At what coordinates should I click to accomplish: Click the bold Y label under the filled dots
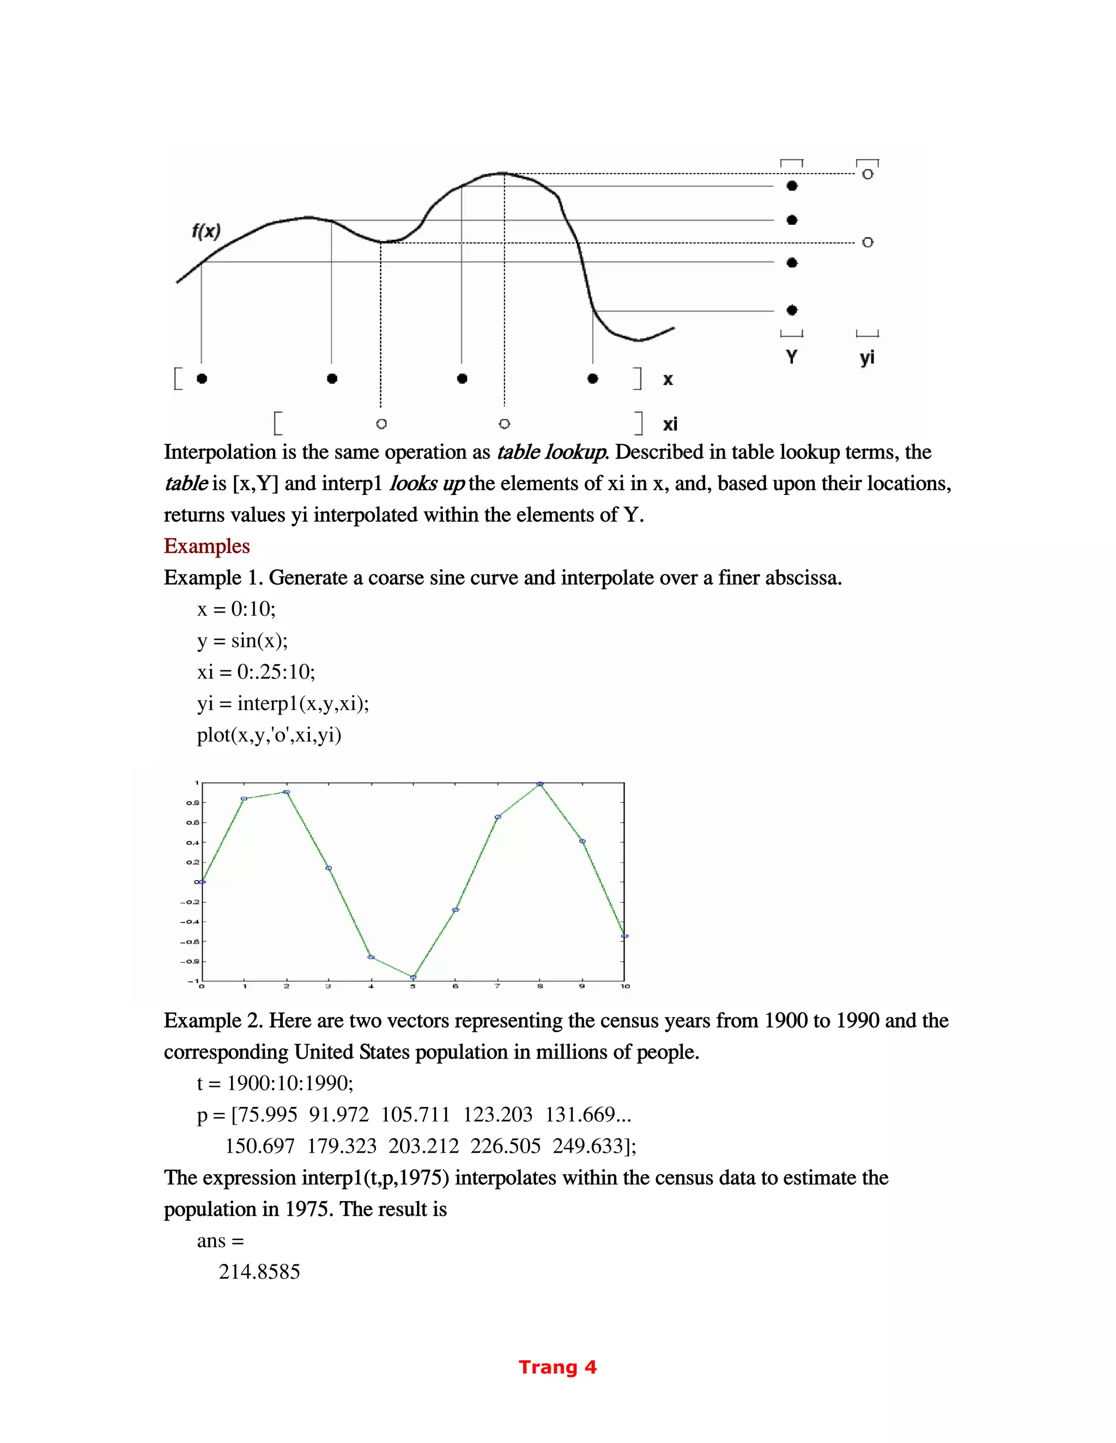pyautogui.click(x=791, y=357)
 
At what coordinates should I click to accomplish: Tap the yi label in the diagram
pyautogui.click(x=867, y=358)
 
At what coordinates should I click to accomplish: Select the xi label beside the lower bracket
pyautogui.click(x=670, y=424)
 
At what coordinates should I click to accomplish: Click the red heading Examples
pyautogui.click(x=207, y=546)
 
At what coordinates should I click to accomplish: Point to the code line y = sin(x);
pyautogui.click(x=242, y=640)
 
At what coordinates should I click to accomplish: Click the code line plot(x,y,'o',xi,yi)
pyautogui.click(x=269, y=735)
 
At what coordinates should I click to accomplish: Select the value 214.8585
pyautogui.click(x=259, y=1272)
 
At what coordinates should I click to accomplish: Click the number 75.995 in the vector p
pyautogui.click(x=266, y=1115)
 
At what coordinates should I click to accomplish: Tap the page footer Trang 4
pyautogui.click(x=557, y=1367)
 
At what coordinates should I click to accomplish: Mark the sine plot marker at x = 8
pyautogui.click(x=540, y=784)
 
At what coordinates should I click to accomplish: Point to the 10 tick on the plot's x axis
pyautogui.click(x=625, y=987)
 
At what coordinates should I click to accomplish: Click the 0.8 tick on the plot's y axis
pyautogui.click(x=192, y=803)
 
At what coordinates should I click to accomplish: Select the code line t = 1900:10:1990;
pyautogui.click(x=275, y=1083)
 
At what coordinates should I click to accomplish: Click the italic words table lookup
pyautogui.click(x=551, y=452)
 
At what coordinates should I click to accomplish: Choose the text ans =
pyautogui.click(x=220, y=1241)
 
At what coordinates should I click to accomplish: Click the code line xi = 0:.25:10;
pyautogui.click(x=256, y=672)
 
